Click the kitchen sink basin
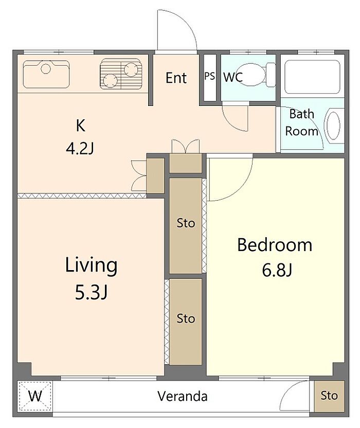pos(46,74)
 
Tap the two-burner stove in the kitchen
pos(121,74)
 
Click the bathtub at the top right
pos(312,77)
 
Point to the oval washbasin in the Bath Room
pos(333,126)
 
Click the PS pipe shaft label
pos(210,76)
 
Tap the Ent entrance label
pos(176,78)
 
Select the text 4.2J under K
pos(80,149)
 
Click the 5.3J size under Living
pos(91,293)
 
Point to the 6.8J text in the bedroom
pos(277,270)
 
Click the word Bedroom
pos(275,245)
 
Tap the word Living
pos(91,265)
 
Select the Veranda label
pos(183,396)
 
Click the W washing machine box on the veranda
pos(35,396)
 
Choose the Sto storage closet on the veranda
pos(329,396)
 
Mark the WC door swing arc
pos(230,123)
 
